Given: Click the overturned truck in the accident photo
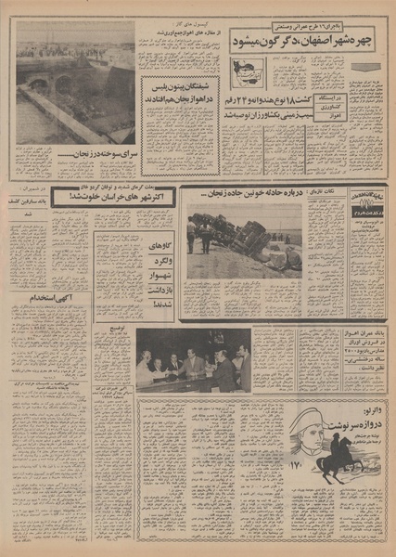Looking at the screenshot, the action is [236, 243].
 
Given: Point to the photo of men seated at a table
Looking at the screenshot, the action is [193, 361].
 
